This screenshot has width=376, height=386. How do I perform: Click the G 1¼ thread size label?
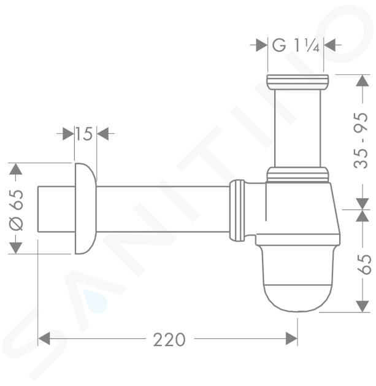point(296,45)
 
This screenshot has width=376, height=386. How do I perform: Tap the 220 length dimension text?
point(169,340)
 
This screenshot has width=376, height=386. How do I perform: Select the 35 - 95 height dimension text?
point(361,141)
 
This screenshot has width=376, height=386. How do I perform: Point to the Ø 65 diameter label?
point(17,210)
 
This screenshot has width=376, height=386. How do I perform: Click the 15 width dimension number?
point(84,134)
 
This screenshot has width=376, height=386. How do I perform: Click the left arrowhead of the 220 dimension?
point(44,339)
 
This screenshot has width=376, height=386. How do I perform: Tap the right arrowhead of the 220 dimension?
point(291,339)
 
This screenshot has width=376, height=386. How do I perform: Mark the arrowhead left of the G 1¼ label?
point(261,45)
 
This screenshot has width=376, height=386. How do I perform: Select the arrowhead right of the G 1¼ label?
point(329,45)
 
